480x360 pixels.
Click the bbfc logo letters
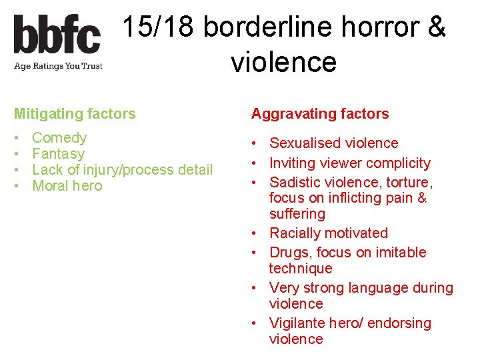[x=57, y=35]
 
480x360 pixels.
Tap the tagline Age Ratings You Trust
[x=58, y=66]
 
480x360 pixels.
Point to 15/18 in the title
[x=159, y=28]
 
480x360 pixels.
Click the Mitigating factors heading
[x=75, y=114]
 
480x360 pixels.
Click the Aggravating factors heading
[x=320, y=114]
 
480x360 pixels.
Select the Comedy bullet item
[x=59, y=138]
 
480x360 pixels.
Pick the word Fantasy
[x=59, y=154]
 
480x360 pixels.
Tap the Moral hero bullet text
[x=67, y=186]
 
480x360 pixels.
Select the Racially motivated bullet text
[x=328, y=233]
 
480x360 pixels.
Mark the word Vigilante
[x=298, y=323]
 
